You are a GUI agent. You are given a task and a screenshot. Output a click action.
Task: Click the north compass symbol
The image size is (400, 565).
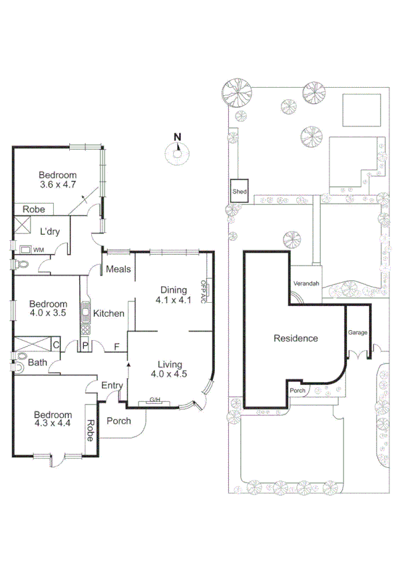click(177, 152)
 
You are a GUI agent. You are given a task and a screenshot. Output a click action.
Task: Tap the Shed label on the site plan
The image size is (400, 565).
click(240, 192)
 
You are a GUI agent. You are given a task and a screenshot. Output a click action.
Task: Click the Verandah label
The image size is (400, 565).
click(307, 283)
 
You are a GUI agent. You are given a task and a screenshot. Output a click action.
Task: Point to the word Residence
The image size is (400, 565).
click(296, 338)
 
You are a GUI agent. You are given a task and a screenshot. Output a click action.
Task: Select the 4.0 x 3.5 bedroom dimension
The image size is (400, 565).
click(49, 315)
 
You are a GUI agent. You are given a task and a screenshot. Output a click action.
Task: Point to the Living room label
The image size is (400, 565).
click(173, 363)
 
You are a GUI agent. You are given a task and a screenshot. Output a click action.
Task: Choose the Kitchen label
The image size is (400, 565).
click(109, 313)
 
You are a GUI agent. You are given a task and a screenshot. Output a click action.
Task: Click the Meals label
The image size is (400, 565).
click(118, 270)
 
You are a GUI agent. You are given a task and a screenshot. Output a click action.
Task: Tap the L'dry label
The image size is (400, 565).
click(51, 232)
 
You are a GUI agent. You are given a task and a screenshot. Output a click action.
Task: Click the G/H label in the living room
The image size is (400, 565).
click(156, 400)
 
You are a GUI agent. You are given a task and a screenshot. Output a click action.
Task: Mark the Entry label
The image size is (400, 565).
click(111, 386)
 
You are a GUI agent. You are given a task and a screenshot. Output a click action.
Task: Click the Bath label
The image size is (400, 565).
click(37, 363)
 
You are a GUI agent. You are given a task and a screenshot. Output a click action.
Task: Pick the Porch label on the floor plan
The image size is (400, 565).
click(118, 421)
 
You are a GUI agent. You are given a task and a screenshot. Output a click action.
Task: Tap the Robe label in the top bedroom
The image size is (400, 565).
click(34, 209)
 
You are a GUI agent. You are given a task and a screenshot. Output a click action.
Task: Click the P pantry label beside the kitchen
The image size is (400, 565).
click(85, 345)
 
